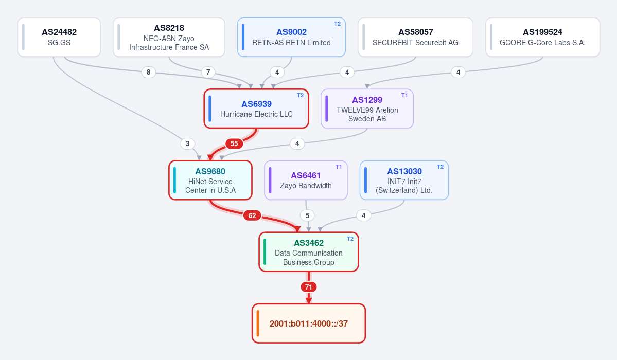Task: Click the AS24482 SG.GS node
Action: (59, 37)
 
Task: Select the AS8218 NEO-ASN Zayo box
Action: (169, 37)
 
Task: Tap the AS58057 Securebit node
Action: (415, 37)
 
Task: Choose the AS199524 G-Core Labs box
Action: (542, 37)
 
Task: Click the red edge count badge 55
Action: (234, 143)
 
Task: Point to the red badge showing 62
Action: (252, 215)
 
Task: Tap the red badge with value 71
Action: (309, 287)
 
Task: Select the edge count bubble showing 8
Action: (148, 72)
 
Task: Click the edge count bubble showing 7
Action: (208, 72)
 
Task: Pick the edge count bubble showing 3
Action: (188, 143)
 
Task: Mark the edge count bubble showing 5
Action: (307, 215)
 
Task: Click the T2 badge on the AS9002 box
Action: (337, 24)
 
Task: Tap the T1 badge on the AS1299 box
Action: (404, 95)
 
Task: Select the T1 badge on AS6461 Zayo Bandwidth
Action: (339, 167)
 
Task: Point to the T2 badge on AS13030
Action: (440, 167)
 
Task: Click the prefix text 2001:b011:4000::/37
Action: (309, 324)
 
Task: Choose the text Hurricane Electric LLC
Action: (256, 114)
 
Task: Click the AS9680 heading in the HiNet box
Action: (210, 172)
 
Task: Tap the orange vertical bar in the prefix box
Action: (258, 323)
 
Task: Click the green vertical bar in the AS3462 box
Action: (265, 252)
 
